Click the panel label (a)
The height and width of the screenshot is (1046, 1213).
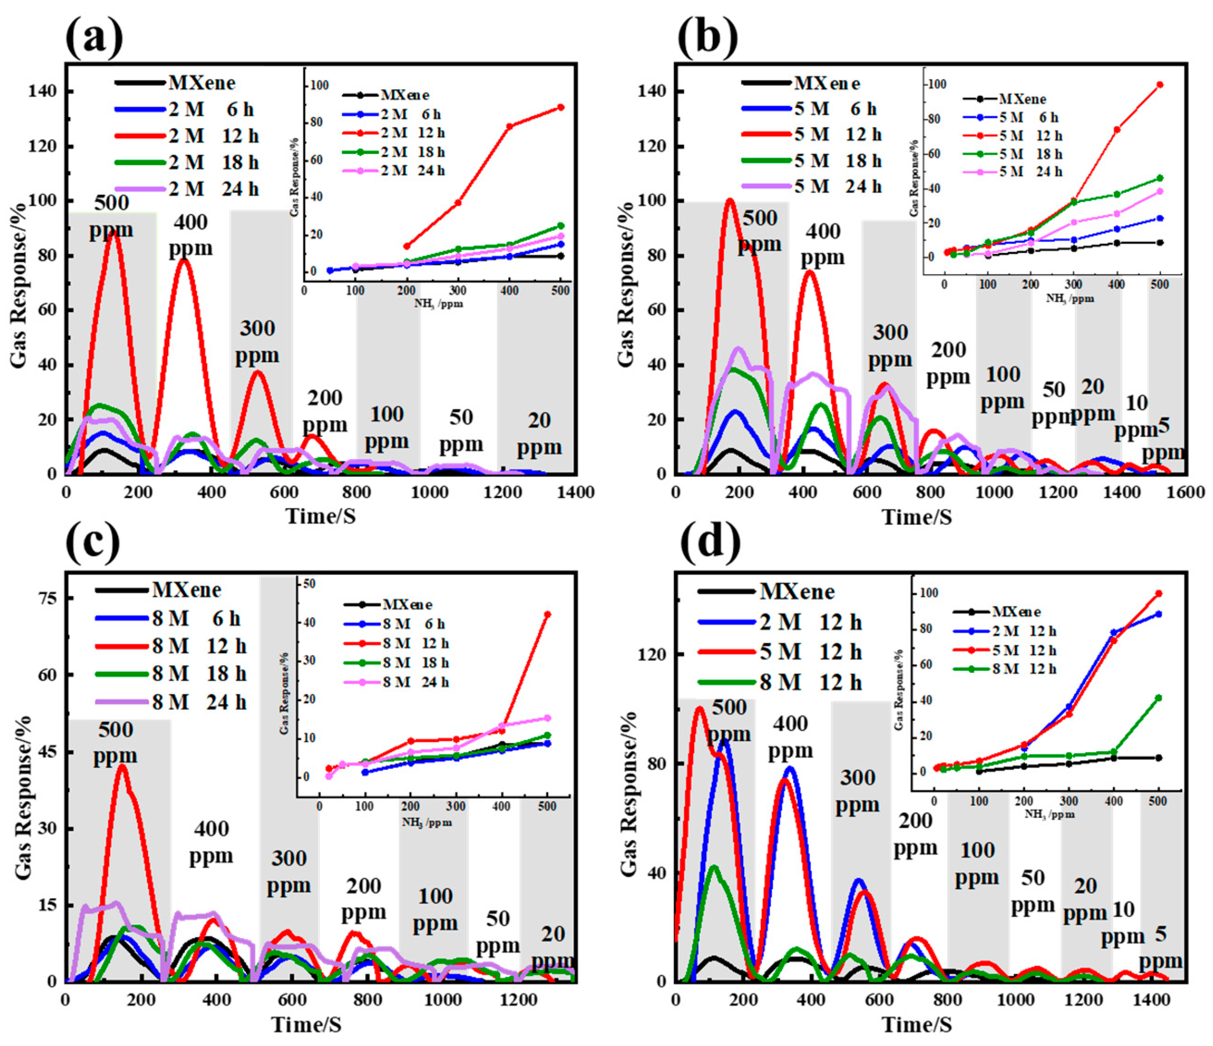[x=94, y=37]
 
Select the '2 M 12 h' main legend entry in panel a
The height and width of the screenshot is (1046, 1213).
[x=213, y=136]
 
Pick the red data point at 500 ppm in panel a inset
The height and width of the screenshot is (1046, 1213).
[x=561, y=107]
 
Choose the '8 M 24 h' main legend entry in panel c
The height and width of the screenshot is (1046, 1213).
[x=199, y=702]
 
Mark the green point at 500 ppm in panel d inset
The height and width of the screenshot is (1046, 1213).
[x=1158, y=697]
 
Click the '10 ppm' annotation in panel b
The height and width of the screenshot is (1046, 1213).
[x=1136, y=416]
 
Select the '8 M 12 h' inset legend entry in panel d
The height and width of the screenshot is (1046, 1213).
[x=1024, y=669]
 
